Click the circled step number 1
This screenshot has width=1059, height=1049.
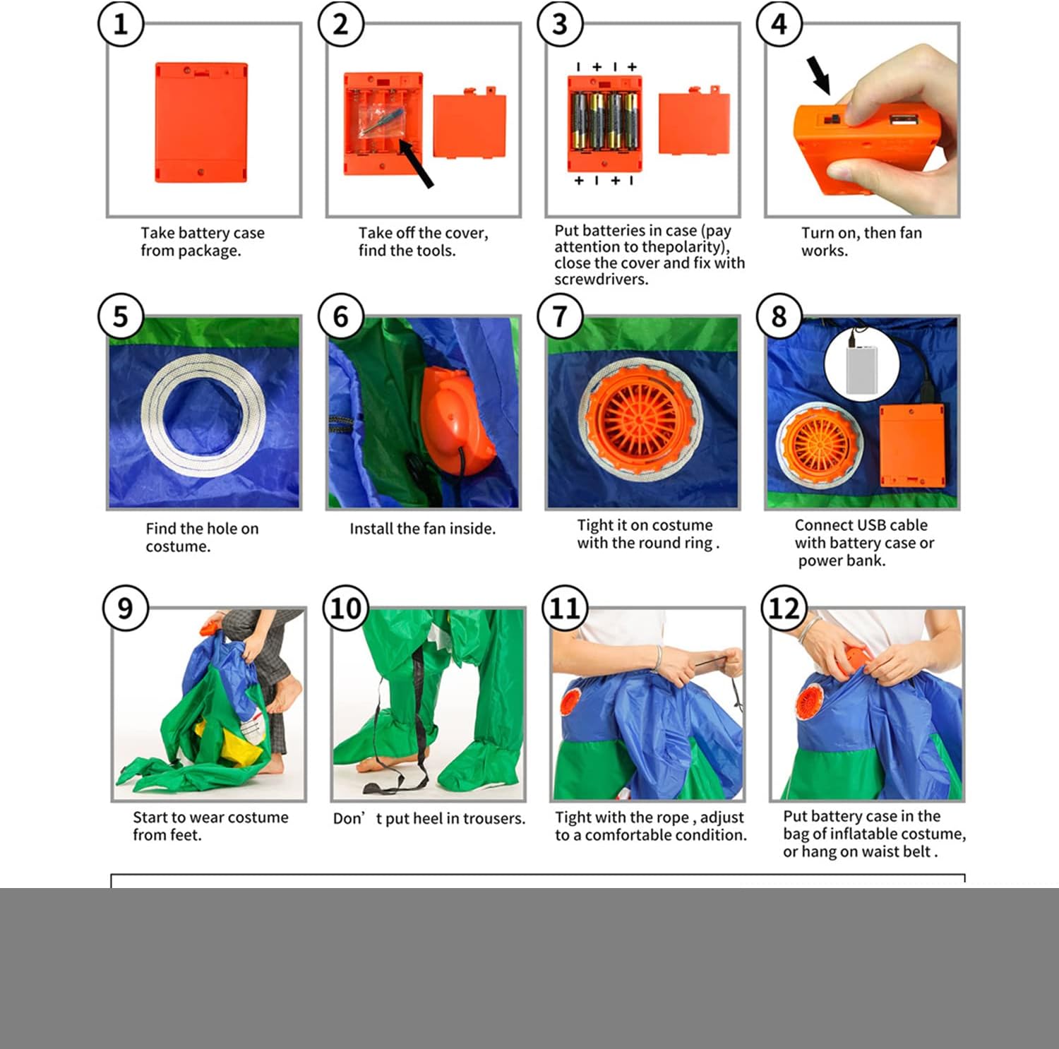tap(121, 24)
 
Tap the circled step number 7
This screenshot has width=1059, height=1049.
tap(560, 316)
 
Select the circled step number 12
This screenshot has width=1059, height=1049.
tap(784, 608)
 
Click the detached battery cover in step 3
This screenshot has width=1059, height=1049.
tap(694, 121)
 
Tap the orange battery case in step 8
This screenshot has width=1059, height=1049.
tap(912, 445)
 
